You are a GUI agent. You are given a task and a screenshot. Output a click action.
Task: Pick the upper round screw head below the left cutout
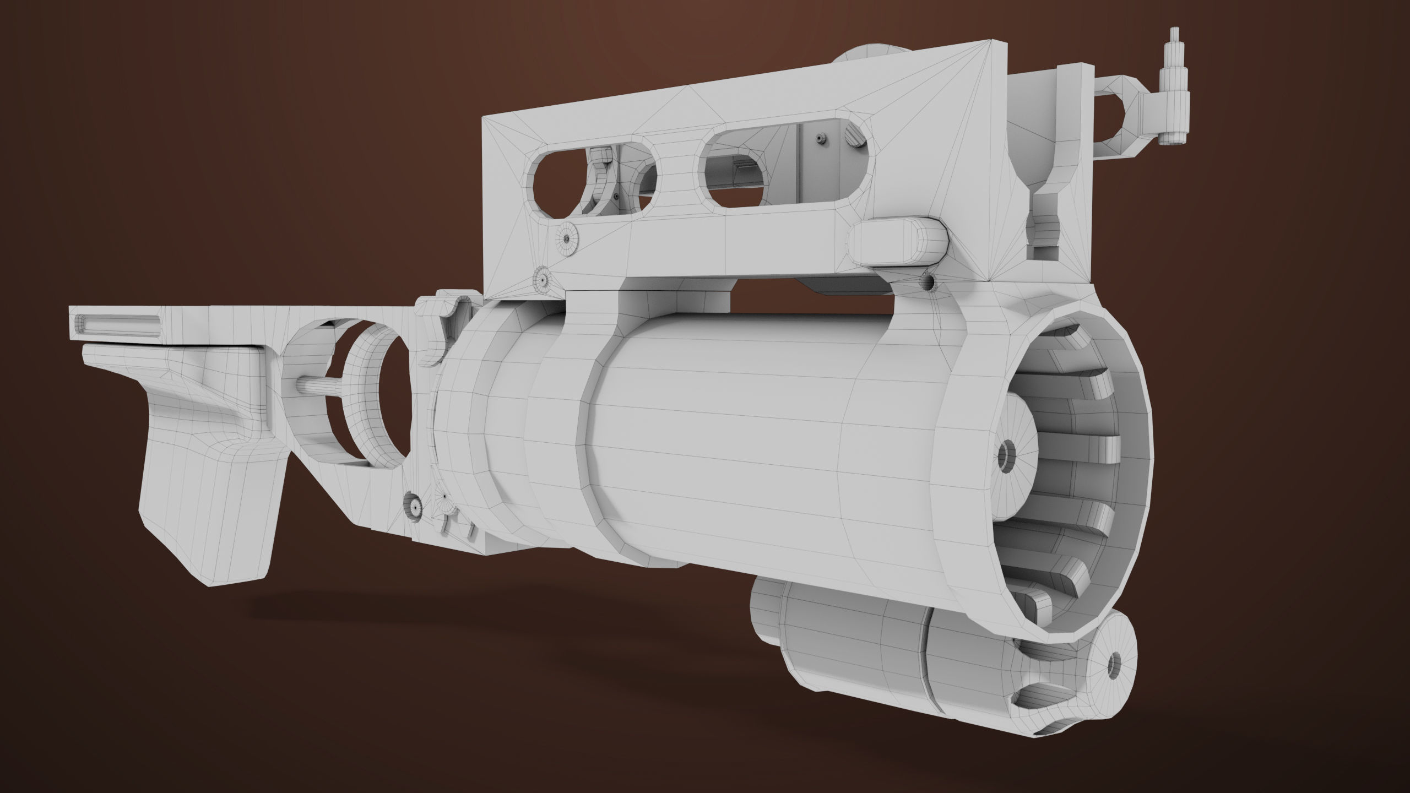566,239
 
